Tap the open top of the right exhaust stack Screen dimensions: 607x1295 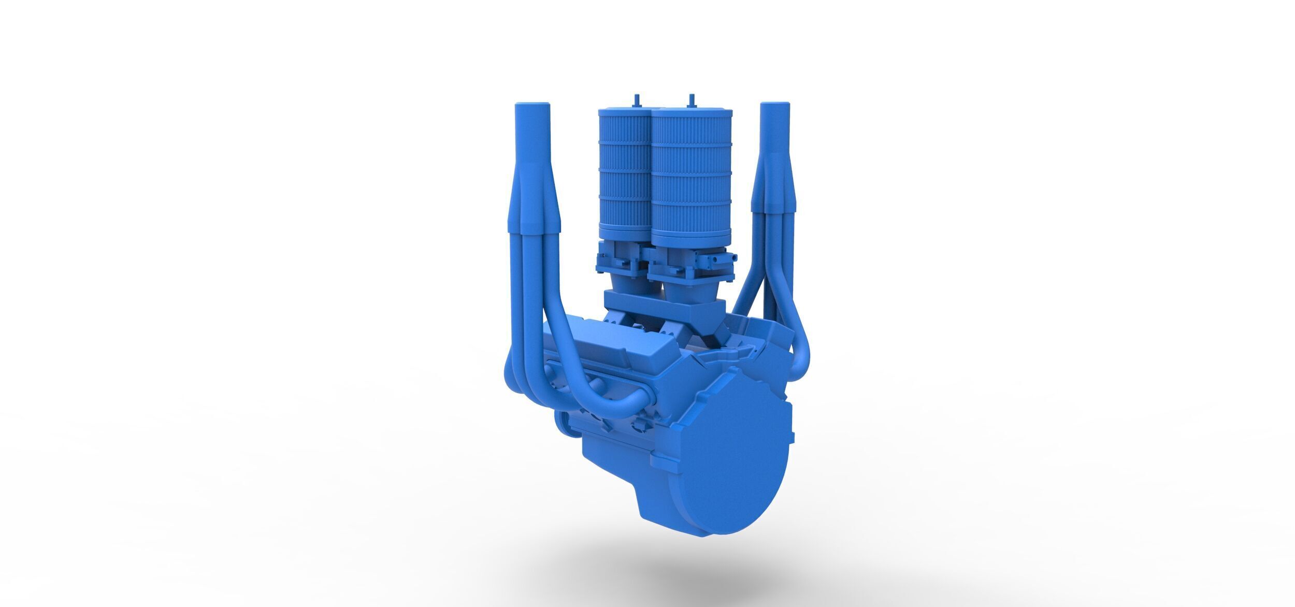775,105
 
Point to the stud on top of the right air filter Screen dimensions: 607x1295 691,99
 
